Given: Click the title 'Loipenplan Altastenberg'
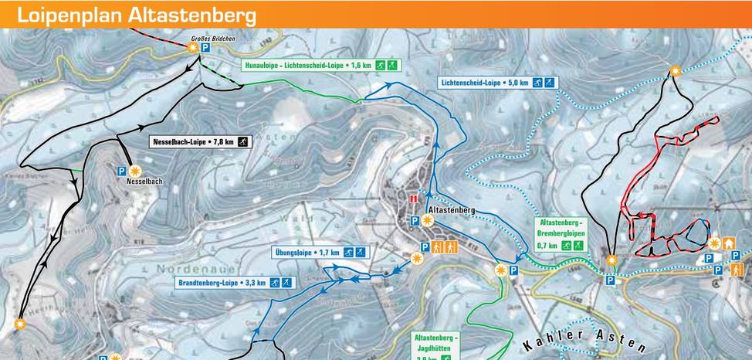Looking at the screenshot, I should [137, 15].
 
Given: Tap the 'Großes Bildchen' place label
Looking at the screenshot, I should [213, 38].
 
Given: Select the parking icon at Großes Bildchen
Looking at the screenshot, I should [206, 48].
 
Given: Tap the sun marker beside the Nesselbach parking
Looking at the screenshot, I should [135, 171].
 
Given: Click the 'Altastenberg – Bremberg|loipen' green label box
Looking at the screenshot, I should [560, 234].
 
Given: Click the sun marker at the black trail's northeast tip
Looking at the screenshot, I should [676, 70].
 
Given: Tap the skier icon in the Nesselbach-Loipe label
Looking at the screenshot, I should [242, 142].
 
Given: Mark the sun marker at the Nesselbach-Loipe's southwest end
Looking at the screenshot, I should [19, 323].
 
